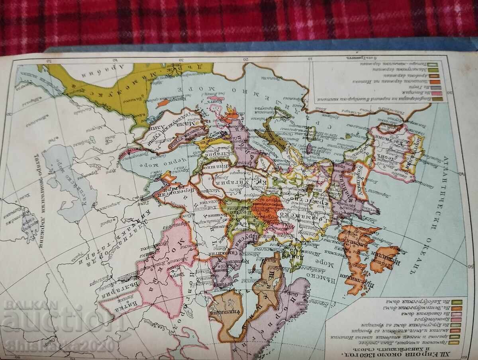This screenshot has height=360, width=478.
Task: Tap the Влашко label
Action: coord(212,167)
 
